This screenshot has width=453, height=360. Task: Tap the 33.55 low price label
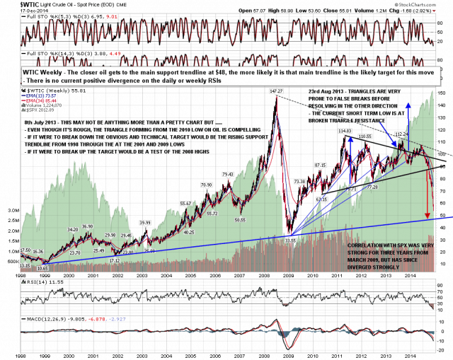(x=289, y=240)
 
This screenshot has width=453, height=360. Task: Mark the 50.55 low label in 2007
(x=239, y=220)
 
